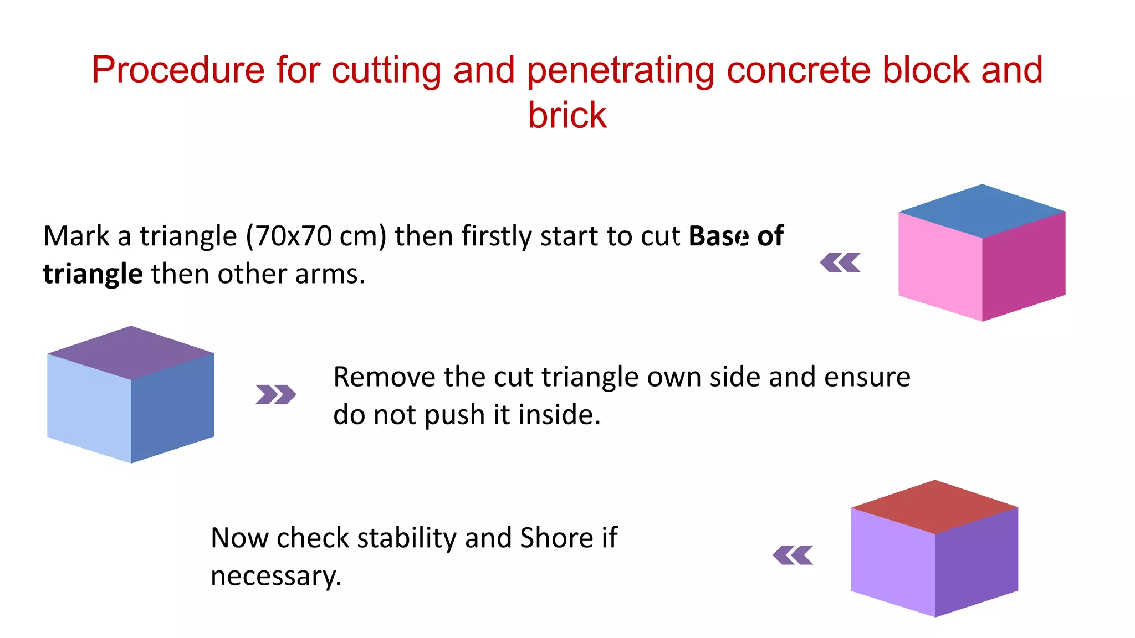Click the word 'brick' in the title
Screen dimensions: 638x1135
point(567,115)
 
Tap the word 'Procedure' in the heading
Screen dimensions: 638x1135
point(178,70)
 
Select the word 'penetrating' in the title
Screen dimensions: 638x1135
point(620,70)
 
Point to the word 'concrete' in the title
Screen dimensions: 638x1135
point(798,70)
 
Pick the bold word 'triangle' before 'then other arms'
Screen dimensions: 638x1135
point(93,274)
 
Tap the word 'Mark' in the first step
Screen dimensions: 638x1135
point(76,236)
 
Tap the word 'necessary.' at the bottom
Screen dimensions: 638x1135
point(276,576)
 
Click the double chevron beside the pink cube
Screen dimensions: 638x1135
point(840,263)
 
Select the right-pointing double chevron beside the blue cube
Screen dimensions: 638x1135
point(275,394)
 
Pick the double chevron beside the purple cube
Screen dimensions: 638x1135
point(793,555)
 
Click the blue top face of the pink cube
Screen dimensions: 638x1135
point(982,211)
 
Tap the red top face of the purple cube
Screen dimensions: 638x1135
point(935,507)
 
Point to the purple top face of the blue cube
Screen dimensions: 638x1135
point(131,353)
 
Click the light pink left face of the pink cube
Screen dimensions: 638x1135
point(940,266)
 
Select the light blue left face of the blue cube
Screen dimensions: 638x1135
point(89,408)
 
